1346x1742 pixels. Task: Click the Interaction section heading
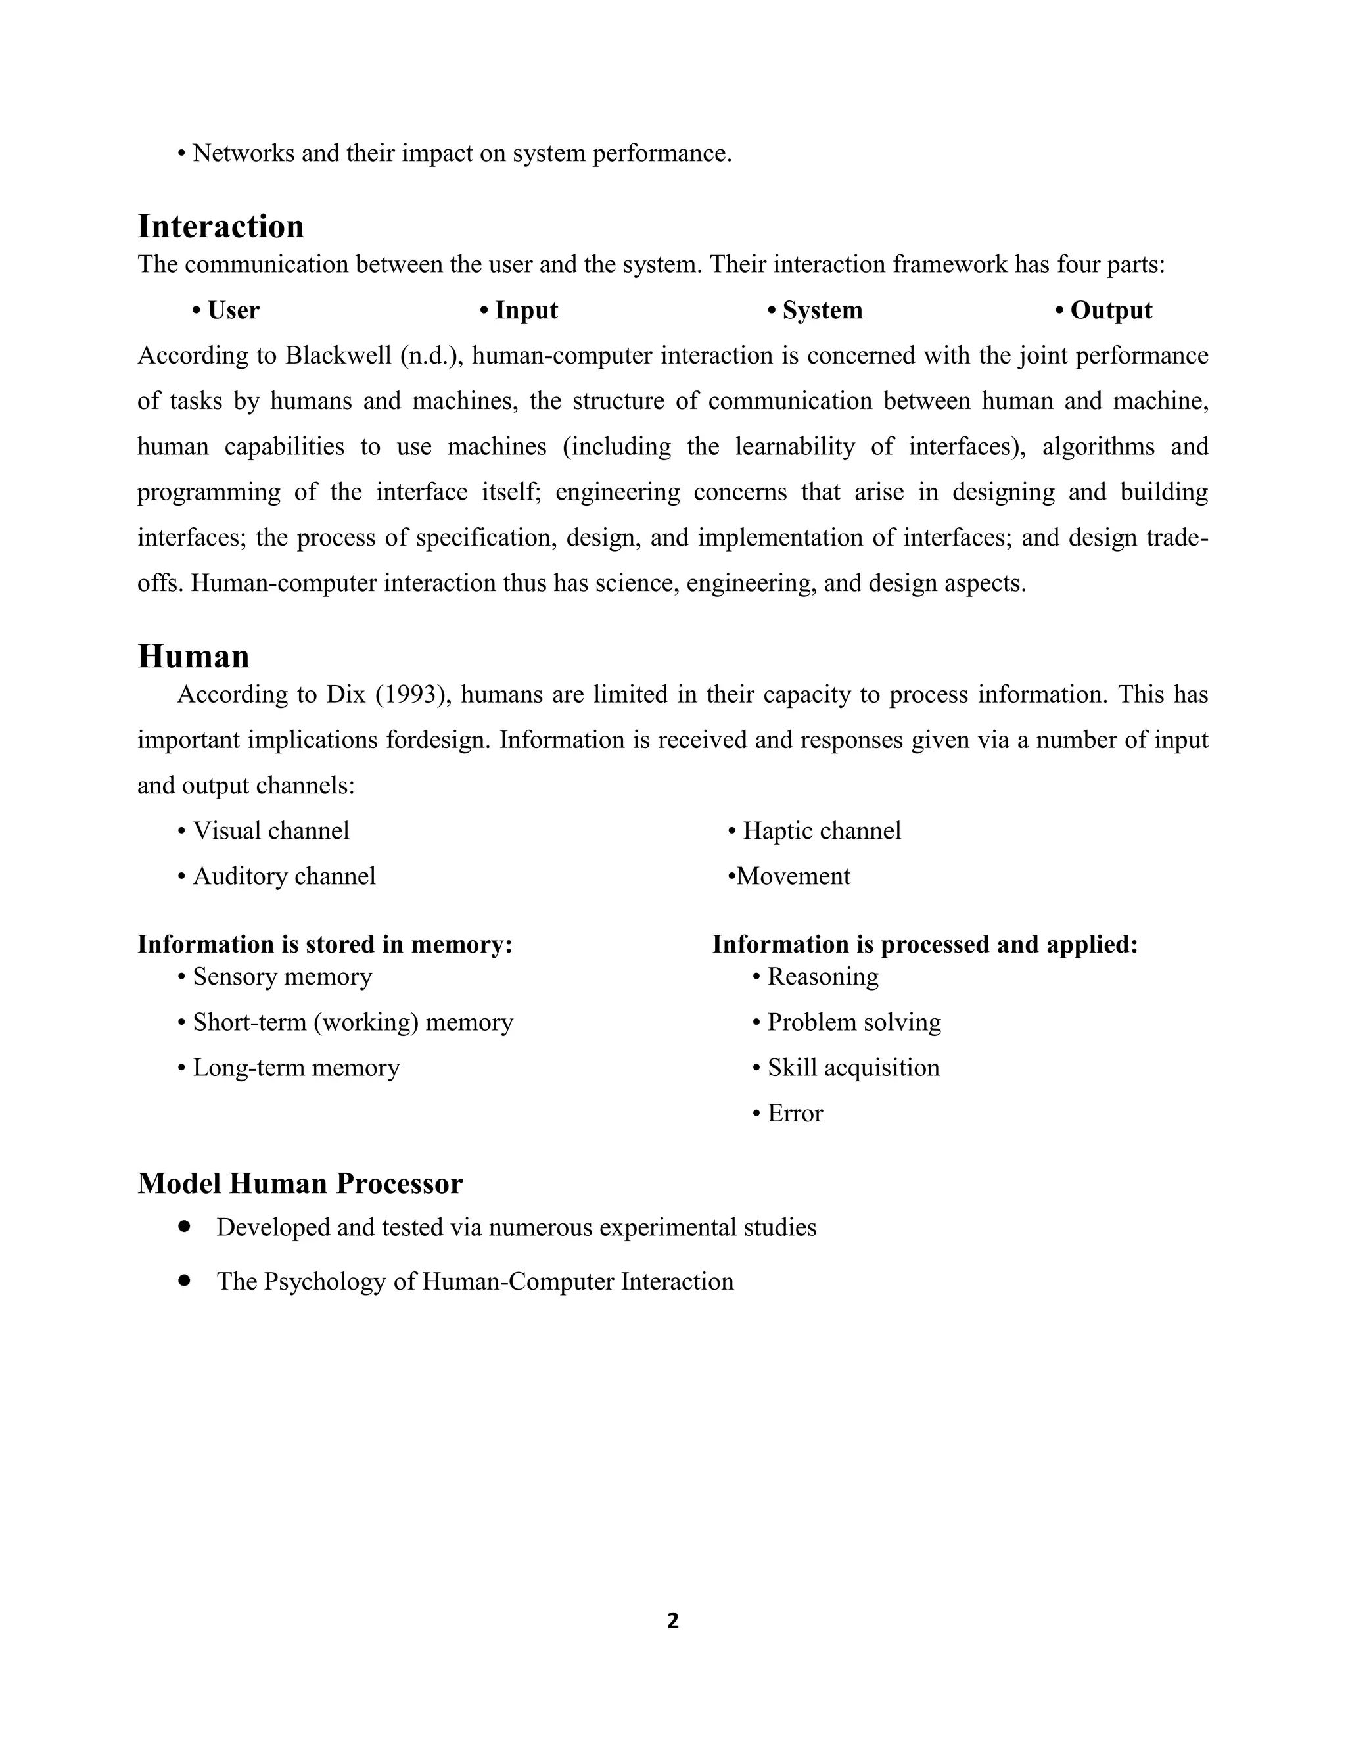[x=221, y=227]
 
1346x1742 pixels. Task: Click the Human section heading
[x=194, y=657]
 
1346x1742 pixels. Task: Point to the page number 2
[x=672, y=1621]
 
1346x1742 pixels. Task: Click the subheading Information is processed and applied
[x=924, y=945]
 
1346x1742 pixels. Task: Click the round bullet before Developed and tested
[x=185, y=1226]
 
